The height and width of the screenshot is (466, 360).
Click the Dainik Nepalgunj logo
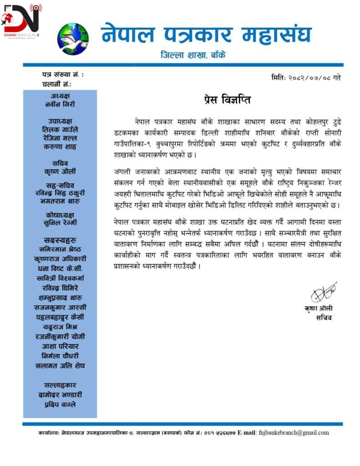point(21,21)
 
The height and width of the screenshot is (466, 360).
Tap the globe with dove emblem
point(73,39)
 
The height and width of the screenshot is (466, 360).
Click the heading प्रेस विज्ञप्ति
point(227,100)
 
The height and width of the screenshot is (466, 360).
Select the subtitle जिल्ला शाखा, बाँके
point(193,56)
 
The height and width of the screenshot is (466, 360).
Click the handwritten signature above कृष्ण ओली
point(324,293)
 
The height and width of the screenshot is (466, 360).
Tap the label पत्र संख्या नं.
point(63,74)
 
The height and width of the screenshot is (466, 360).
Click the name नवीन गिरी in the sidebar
point(60,104)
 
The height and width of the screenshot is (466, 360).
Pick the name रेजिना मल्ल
point(60,138)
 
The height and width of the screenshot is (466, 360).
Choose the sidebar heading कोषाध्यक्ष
point(60,214)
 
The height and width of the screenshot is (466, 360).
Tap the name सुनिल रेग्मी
point(60,223)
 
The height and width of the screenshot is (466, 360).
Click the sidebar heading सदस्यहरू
point(60,240)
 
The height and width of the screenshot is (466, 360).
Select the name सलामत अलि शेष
point(60,365)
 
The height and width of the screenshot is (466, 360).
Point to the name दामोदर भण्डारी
point(60,395)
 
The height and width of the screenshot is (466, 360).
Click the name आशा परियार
point(60,346)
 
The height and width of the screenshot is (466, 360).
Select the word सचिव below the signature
point(324,318)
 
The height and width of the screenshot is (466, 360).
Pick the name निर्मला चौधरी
point(60,356)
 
